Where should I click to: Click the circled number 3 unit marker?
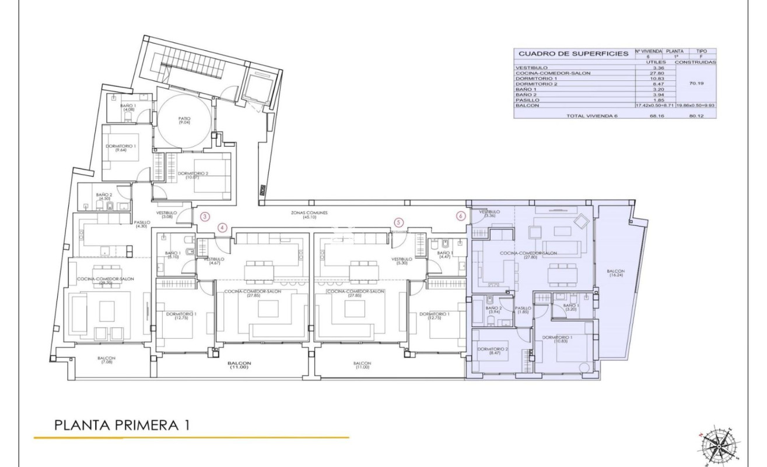point(205,216)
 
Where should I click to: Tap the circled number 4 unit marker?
point(222,227)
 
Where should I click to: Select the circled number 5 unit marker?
point(398,222)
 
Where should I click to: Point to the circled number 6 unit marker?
point(461,215)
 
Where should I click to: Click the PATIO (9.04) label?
point(185,121)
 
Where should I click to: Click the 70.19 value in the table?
point(695,84)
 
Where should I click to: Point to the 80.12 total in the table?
point(695,116)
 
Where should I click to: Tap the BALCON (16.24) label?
point(615,274)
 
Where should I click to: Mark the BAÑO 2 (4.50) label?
point(105,197)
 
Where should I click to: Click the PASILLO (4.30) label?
point(142,225)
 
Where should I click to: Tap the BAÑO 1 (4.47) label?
point(444,254)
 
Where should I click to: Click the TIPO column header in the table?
point(702,51)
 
